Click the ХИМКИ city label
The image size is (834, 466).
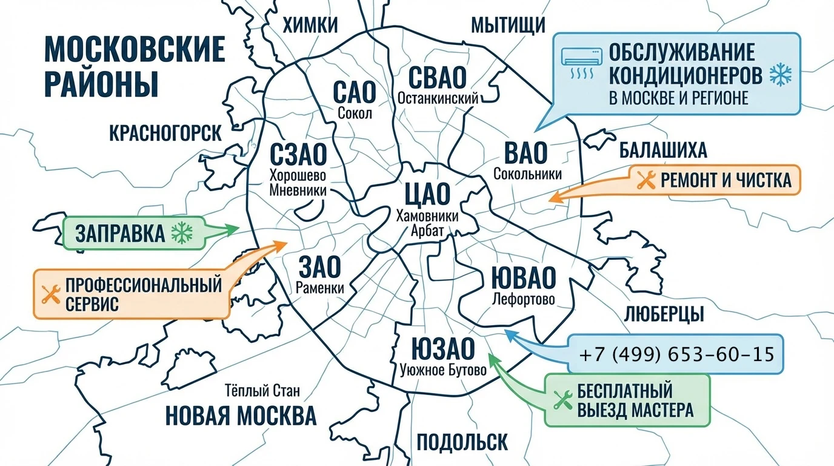tap(310, 25)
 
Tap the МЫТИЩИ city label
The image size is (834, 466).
tap(508, 25)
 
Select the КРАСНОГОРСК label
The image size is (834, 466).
tap(165, 133)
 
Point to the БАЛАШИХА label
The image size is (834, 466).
tap(663, 150)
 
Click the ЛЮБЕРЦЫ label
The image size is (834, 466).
tap(664, 314)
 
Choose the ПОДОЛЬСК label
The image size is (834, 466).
tap(462, 441)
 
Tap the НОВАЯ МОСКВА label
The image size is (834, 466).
tap(241, 416)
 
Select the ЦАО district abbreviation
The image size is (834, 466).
tap(427, 194)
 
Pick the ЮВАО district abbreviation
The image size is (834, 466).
tap(523, 278)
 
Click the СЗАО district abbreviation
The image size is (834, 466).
tap(298, 154)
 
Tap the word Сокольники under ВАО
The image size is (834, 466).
tap(527, 174)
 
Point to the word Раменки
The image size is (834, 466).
tap(320, 288)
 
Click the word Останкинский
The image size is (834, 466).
tap(438, 98)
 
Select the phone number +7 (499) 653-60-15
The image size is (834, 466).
tap(676, 354)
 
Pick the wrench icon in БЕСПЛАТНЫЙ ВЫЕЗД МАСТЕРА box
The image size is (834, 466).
tap(563, 400)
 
